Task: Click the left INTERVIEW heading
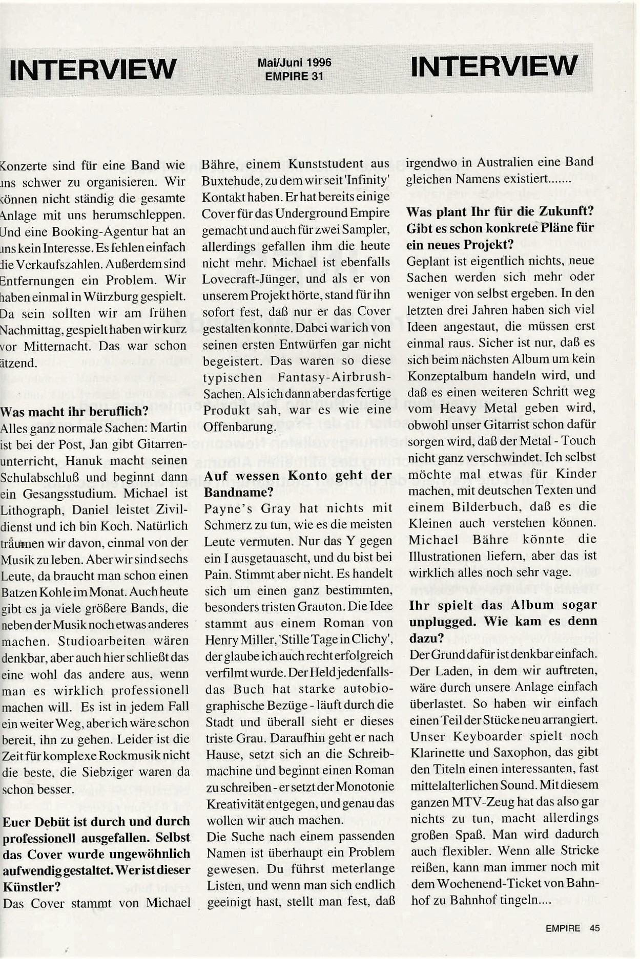coord(93,69)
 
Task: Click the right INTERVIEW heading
coord(494,67)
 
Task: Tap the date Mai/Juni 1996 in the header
coord(294,62)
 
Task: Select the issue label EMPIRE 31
coord(294,76)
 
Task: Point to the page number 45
coord(594,928)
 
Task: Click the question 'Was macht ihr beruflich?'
coord(75,411)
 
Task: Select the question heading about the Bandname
coord(298,483)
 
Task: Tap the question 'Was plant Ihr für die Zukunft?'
coord(500,211)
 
